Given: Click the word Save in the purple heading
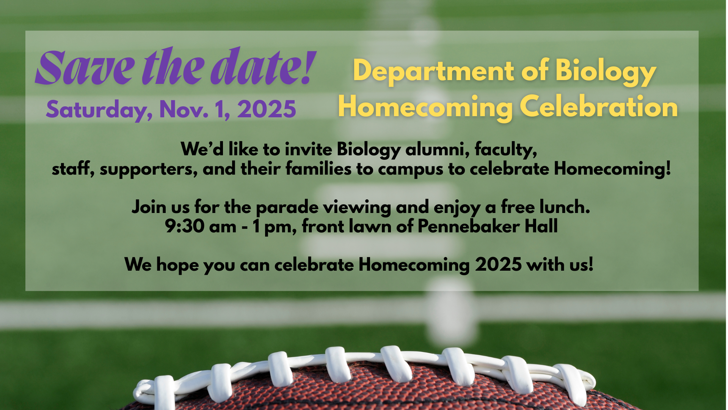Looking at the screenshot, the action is (85, 67).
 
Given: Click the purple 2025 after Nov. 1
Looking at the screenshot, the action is (267, 109).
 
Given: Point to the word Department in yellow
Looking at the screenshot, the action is (434, 71).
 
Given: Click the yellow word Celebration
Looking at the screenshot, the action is (599, 107).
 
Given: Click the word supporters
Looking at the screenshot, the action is (149, 169).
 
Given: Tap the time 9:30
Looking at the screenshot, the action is (185, 227).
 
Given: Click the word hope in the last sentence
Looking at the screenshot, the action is (177, 265).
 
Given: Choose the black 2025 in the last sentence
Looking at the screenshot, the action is (498, 264).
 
